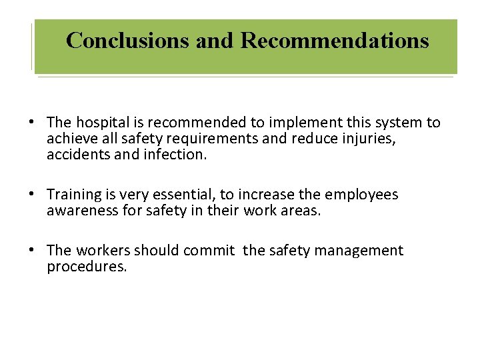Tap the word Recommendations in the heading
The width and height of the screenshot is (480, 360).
point(334,41)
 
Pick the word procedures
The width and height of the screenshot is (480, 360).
point(87,267)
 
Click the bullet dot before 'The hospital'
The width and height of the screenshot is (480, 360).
point(31,123)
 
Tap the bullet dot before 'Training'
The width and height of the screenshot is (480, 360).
point(31,195)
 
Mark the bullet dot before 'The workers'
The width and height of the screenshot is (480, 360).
point(31,251)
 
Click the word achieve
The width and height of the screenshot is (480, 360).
point(72,139)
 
